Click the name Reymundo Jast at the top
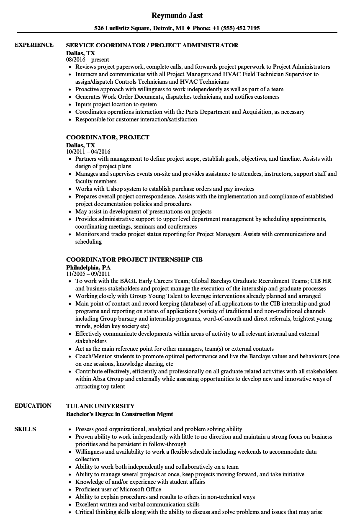click(x=177, y=15)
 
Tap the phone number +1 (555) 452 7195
click(x=237, y=28)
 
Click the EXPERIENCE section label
click(x=34, y=45)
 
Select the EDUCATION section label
click(x=33, y=406)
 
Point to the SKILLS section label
click(x=25, y=429)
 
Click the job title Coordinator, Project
click(x=108, y=137)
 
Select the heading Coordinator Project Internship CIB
click(x=134, y=259)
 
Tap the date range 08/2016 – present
click(x=87, y=59)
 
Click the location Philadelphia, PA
click(x=88, y=267)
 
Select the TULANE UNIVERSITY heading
click(x=100, y=406)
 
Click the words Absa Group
click(x=107, y=379)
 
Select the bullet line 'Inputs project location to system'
click(x=116, y=104)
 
